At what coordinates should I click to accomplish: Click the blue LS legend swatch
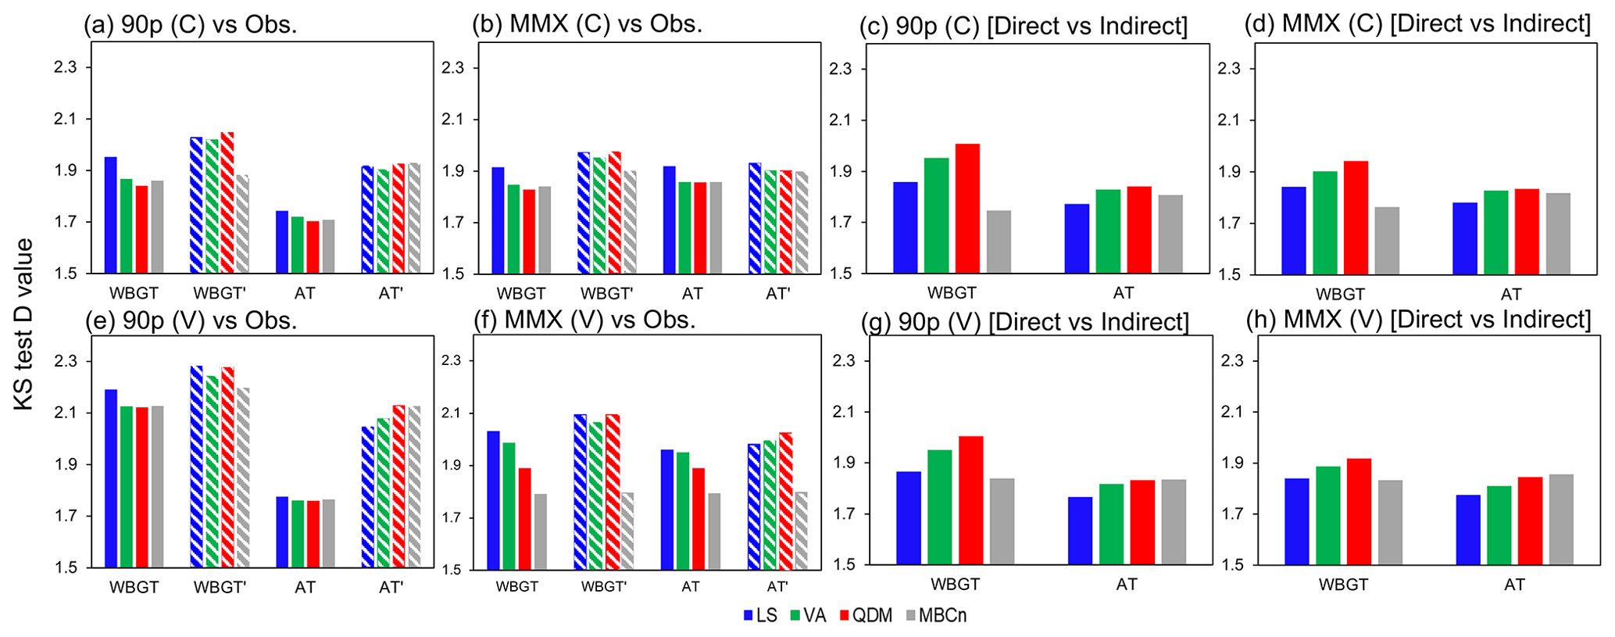pos(748,616)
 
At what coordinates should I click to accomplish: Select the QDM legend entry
pos(872,616)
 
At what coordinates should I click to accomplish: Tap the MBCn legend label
pos(942,616)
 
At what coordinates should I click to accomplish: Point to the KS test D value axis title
pos(24,324)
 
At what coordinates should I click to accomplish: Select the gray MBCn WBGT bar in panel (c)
pos(999,242)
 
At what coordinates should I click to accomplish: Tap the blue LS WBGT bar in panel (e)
pos(111,478)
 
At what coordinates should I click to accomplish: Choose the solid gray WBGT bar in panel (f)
pos(540,531)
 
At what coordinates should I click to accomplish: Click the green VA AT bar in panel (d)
pos(1495,232)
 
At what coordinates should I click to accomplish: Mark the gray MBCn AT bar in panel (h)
pos(1561,519)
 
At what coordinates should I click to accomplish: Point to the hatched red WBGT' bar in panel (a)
pos(227,202)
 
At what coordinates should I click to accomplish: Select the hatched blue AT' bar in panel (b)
pos(755,218)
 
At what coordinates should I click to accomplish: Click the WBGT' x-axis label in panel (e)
pos(220,587)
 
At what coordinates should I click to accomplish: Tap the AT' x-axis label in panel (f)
pos(777,586)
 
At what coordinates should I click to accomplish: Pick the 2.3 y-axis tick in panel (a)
pos(66,67)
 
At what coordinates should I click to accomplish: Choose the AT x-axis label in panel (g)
pos(1127,584)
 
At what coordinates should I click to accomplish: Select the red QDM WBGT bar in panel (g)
pos(970,499)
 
